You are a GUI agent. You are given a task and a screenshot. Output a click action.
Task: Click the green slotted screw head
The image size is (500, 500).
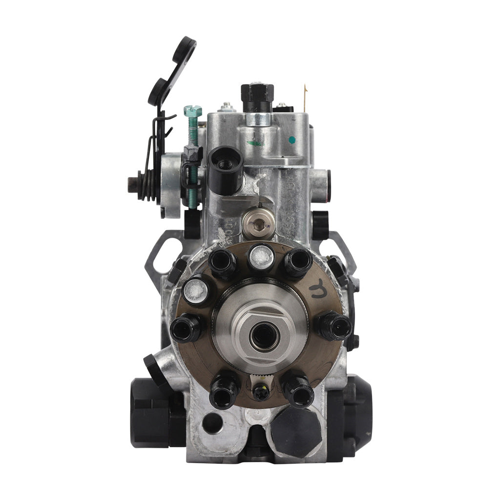(x=192, y=111)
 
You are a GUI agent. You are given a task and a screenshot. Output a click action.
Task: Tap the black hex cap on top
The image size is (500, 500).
(x=257, y=91)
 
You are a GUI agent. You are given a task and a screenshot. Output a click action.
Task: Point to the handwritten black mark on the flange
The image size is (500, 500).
(x=320, y=289)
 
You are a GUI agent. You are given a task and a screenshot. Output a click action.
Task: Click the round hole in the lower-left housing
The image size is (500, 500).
(x=211, y=423)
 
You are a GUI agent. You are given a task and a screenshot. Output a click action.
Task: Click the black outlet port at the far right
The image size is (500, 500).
(x=334, y=326)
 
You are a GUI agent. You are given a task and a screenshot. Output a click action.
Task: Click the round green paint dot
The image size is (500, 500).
(x=292, y=140)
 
